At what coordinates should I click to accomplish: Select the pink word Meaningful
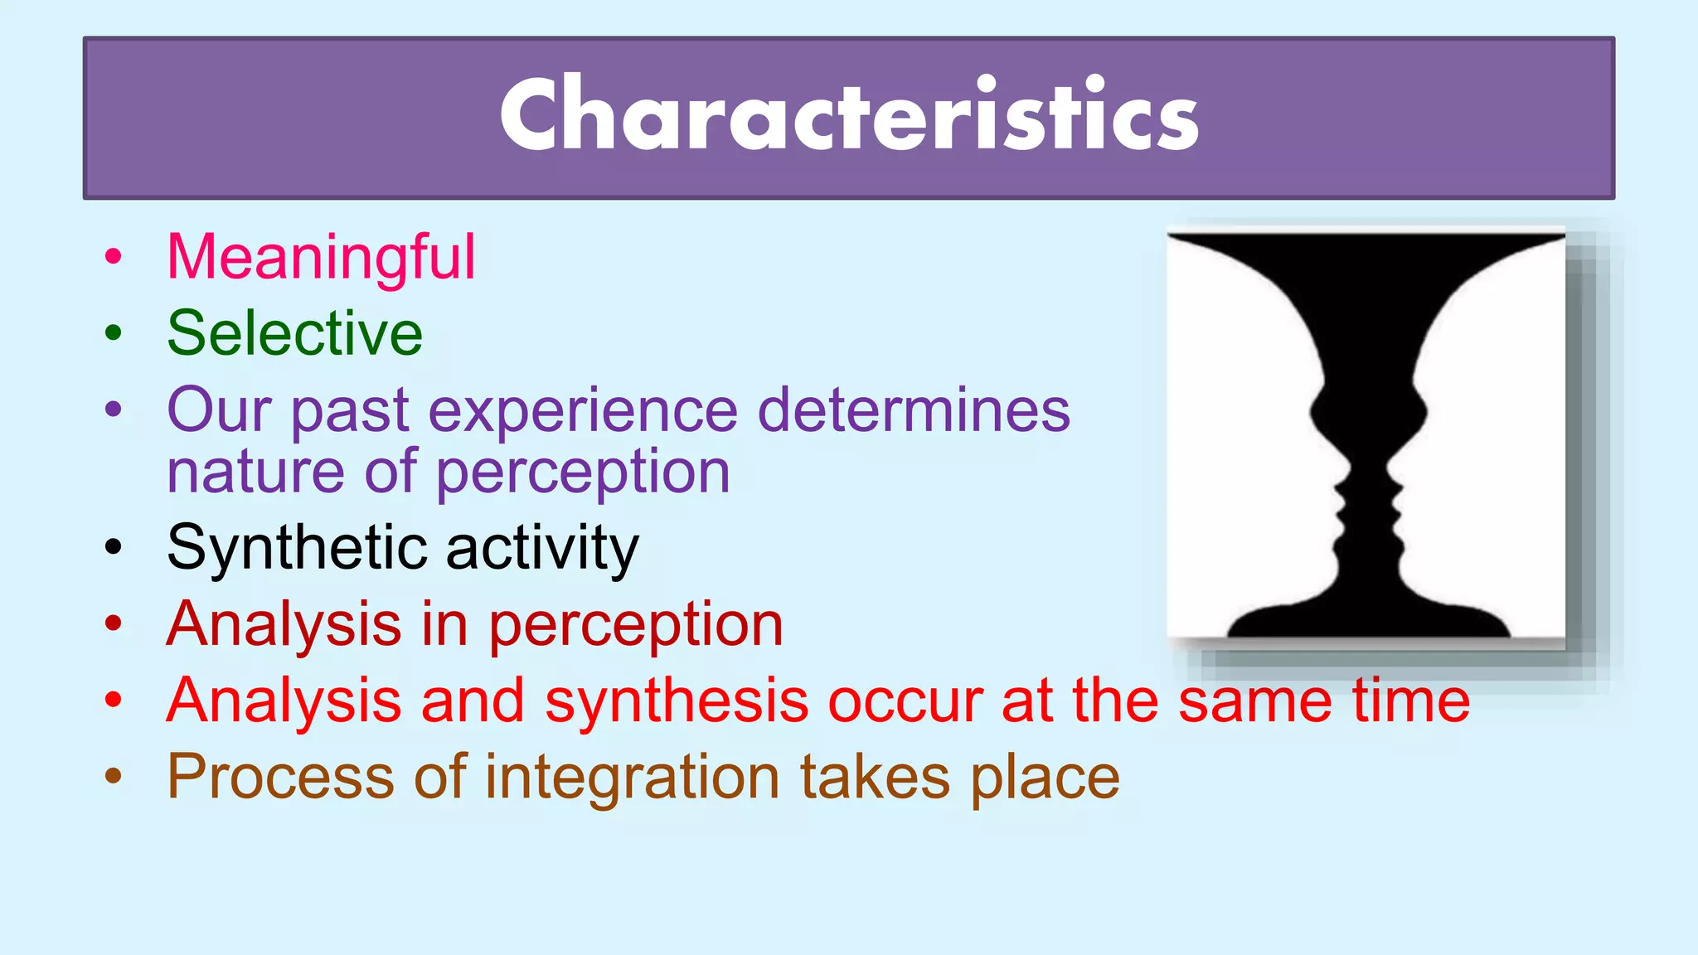(x=322, y=257)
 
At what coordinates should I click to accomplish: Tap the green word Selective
(x=295, y=333)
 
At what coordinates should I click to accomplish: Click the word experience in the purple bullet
(x=583, y=411)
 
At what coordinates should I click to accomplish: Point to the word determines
(x=914, y=410)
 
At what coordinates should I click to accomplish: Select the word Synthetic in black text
(x=297, y=549)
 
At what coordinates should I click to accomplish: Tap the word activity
(x=543, y=549)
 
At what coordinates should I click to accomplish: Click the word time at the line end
(x=1411, y=701)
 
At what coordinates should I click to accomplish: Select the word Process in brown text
(x=280, y=778)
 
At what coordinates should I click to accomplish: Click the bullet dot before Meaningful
(x=114, y=257)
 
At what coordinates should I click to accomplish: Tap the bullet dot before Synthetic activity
(x=114, y=547)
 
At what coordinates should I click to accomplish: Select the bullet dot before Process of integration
(x=114, y=777)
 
